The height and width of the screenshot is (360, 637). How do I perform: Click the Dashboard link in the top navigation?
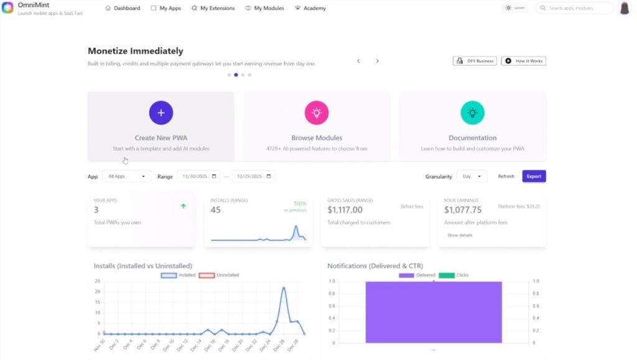pos(123,8)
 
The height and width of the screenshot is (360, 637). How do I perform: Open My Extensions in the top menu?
pos(213,8)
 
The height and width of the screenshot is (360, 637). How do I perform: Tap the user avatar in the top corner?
pos(625,8)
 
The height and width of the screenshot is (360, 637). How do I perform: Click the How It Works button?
pos(524,61)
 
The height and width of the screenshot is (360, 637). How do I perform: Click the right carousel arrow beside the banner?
pos(377,61)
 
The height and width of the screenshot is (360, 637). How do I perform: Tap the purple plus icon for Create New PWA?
pos(161,113)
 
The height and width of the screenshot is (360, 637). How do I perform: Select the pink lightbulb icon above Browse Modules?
pos(317,113)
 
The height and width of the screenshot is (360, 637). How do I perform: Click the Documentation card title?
pos(472,138)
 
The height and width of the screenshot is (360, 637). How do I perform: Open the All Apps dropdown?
pos(126,177)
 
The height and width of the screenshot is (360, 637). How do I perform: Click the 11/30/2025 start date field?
pos(198,177)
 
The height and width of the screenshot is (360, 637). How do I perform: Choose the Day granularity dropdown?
pos(472,177)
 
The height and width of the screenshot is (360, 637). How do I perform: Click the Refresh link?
pos(506,177)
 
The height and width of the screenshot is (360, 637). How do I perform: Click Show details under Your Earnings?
pos(460,235)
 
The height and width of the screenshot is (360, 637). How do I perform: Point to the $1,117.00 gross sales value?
pos(345,210)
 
